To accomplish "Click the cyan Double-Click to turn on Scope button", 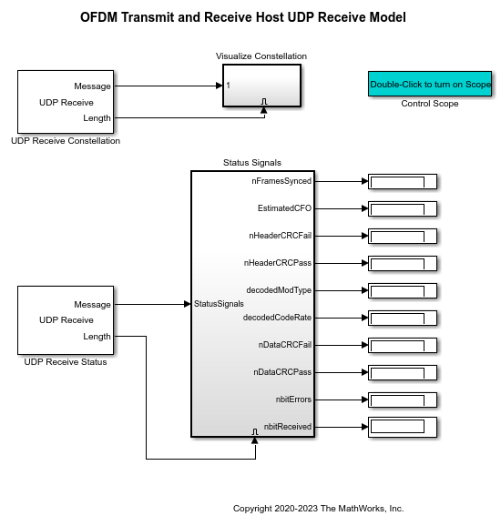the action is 430,84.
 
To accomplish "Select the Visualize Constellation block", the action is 261,86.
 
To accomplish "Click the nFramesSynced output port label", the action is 281,181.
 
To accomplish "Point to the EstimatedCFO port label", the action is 284,208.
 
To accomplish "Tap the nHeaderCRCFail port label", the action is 280,236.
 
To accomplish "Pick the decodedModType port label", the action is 279,290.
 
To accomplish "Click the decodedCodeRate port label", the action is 277,318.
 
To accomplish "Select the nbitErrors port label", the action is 293,400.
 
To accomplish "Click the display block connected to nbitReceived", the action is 403,427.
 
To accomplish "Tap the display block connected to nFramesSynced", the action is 403,181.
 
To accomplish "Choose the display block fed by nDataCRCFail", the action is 403,345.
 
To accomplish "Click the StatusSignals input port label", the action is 219,304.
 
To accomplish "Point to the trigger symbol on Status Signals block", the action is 255,431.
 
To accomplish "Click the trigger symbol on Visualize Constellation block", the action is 264,101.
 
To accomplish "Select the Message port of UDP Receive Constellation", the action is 92,86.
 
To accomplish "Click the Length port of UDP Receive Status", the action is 97,336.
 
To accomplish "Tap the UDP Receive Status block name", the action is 66,362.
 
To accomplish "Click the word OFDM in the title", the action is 99,17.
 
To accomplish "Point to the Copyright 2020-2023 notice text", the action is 318,509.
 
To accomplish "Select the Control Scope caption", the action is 430,104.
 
